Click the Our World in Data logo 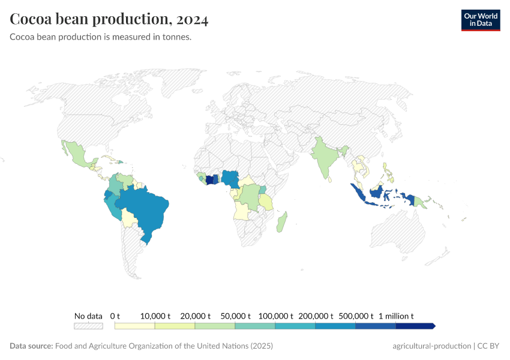[480, 20]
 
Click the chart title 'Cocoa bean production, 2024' [109, 20]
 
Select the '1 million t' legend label [396, 316]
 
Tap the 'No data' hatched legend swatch [88, 326]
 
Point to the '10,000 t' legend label [155, 316]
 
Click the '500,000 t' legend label [355, 316]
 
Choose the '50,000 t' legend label [235, 316]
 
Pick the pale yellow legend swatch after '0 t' [135, 326]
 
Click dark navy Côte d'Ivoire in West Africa [209, 179]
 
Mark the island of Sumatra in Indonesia [358, 192]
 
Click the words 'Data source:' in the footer [31, 346]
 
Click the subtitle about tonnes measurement [100, 37]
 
